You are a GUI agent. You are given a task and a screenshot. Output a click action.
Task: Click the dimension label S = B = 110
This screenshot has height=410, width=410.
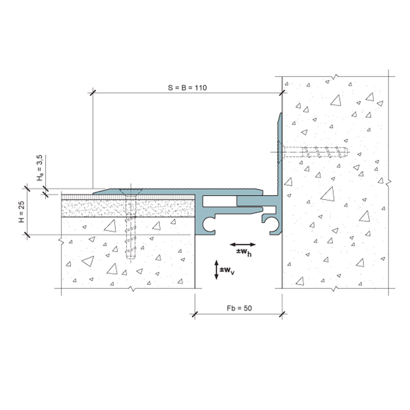187,88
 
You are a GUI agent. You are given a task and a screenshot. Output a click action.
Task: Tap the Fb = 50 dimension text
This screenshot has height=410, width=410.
240,309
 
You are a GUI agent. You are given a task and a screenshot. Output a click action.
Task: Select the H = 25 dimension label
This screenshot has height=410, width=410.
21,212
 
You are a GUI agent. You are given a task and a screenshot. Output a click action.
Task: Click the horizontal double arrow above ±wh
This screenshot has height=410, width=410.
243,245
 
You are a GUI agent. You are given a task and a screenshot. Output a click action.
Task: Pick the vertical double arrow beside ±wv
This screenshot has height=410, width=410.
216,269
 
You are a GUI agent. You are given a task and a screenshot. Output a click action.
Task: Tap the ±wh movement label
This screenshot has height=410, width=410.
244,252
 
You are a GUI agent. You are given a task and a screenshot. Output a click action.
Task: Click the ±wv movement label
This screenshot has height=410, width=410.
227,270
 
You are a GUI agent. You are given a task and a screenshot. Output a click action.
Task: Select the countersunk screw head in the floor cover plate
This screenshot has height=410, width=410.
131,191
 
